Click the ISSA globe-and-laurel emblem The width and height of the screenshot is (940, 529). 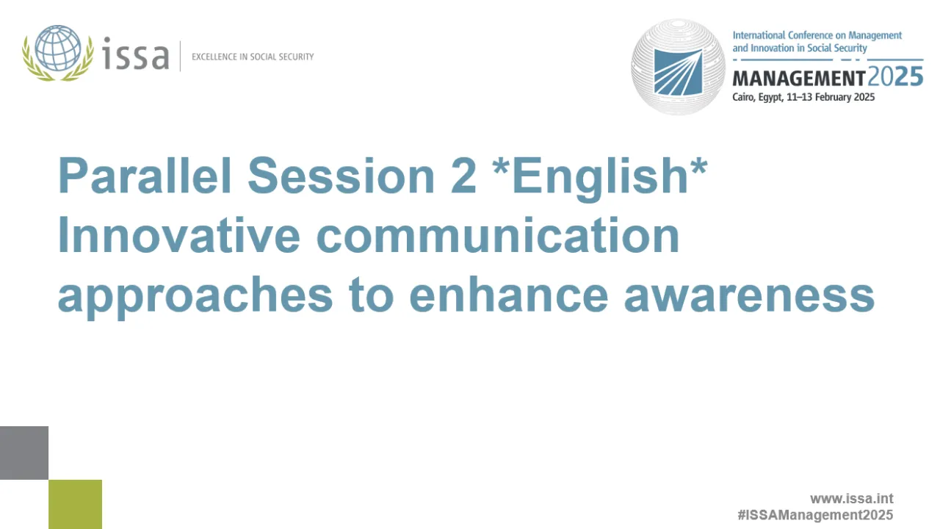point(58,52)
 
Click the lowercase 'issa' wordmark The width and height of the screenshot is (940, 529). point(135,56)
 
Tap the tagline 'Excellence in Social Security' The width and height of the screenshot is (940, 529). point(252,57)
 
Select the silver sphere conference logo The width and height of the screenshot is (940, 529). point(678,67)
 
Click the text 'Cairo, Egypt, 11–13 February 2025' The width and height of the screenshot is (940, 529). point(803,97)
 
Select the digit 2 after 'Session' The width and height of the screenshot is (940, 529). point(466,176)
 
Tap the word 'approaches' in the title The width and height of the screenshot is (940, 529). point(195,295)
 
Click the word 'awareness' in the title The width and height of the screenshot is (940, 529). point(749,295)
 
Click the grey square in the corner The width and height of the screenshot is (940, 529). point(23,453)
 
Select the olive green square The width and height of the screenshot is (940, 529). point(75,504)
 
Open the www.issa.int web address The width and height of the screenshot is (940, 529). point(851,499)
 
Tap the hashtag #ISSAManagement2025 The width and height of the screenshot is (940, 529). point(815,515)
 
